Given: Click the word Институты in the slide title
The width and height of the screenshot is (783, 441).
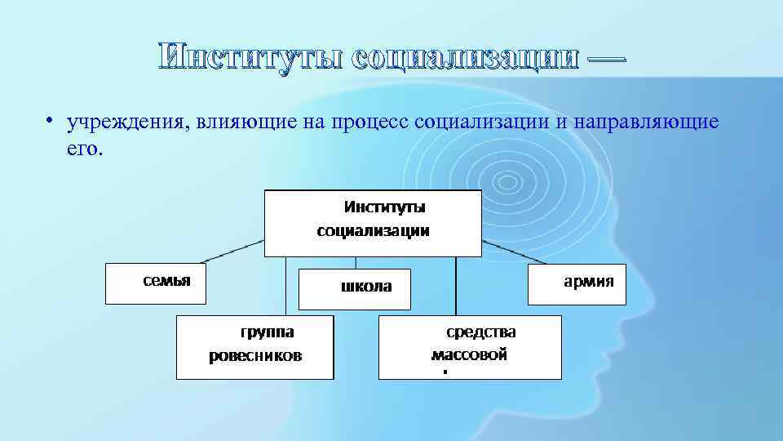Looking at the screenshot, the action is (252, 58).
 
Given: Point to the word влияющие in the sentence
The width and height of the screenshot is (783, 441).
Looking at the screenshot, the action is (237, 122).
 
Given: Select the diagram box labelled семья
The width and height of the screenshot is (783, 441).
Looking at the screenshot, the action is (155, 283).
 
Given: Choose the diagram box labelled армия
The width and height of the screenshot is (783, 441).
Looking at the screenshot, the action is (577, 283).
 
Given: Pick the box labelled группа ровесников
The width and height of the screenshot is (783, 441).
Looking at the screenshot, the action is (255, 346).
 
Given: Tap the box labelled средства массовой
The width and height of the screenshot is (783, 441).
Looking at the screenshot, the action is (471, 346).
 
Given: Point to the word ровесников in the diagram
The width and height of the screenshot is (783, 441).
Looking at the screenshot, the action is (255, 356).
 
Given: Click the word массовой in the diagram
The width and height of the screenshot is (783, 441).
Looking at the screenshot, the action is (469, 354).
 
